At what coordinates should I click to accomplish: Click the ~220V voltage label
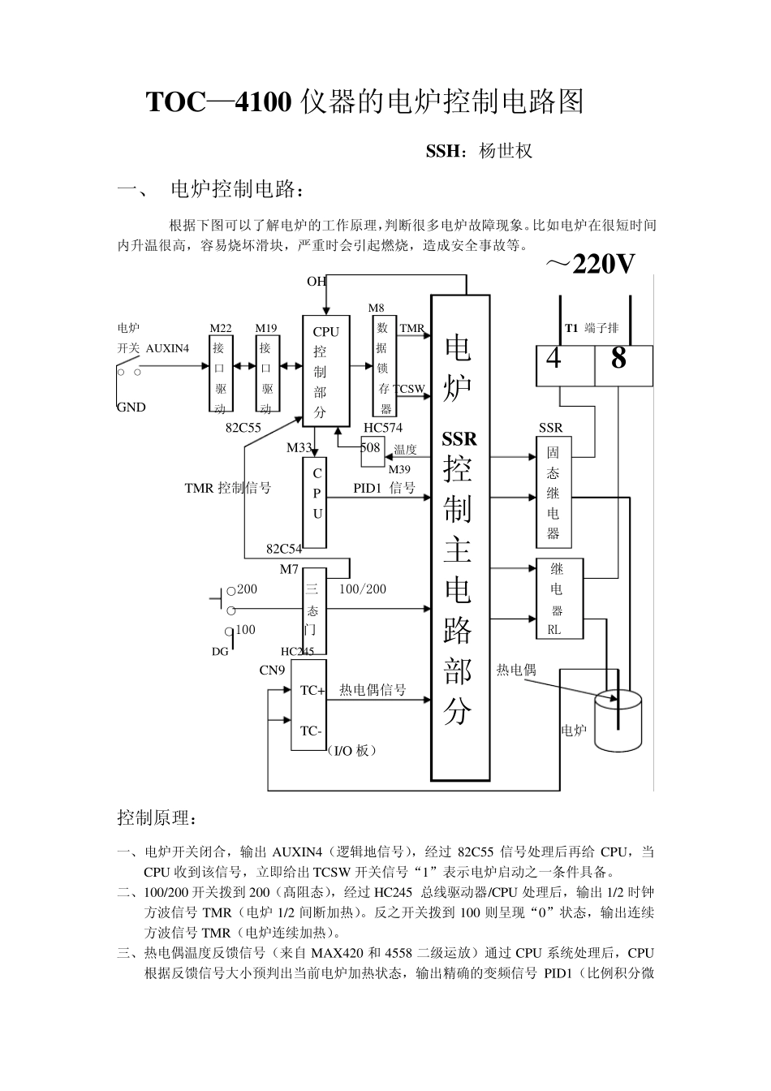click(x=590, y=265)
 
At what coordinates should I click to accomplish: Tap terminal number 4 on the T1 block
click(x=553, y=359)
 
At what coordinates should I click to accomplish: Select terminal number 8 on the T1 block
click(x=618, y=358)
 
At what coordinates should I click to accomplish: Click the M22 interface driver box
click(x=221, y=373)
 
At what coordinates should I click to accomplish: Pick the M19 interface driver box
click(x=267, y=373)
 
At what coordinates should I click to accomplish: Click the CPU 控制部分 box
click(x=325, y=371)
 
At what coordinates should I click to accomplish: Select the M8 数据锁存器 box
click(x=384, y=366)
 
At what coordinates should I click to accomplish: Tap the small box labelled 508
click(x=373, y=451)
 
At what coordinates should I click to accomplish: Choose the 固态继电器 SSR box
click(x=553, y=492)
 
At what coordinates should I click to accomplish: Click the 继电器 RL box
click(x=560, y=598)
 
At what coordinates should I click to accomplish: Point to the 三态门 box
click(x=314, y=610)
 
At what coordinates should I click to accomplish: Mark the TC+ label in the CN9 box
click(x=312, y=690)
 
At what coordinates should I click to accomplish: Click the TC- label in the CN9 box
click(x=311, y=731)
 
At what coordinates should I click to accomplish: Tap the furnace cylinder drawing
click(x=618, y=720)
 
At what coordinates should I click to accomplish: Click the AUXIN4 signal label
click(x=167, y=348)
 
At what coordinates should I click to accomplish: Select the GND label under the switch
click(x=131, y=408)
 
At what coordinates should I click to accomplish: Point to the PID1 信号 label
click(x=384, y=488)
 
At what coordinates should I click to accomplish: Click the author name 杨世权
click(x=506, y=151)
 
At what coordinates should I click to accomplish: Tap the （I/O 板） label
click(x=351, y=751)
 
